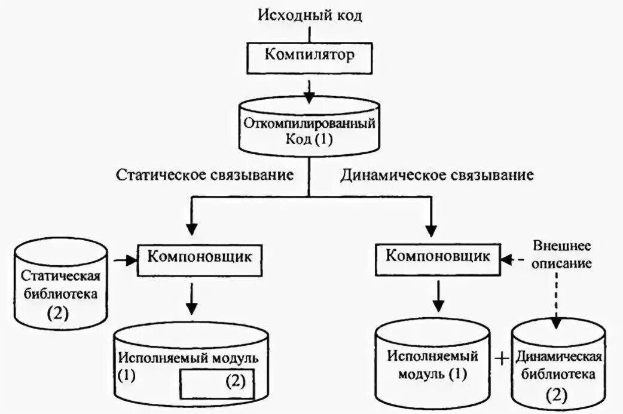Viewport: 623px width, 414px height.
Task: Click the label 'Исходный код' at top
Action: [310, 14]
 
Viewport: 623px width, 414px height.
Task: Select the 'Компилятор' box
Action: [310, 56]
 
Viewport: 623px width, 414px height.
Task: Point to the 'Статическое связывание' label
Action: [204, 175]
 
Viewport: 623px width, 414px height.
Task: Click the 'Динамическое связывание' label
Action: [437, 175]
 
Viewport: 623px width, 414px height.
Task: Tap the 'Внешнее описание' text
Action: [555, 254]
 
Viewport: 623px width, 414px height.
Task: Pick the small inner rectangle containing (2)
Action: [217, 382]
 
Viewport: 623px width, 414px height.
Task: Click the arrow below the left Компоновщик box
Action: [191, 300]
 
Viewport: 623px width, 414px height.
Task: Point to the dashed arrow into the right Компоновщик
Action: [512, 259]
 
